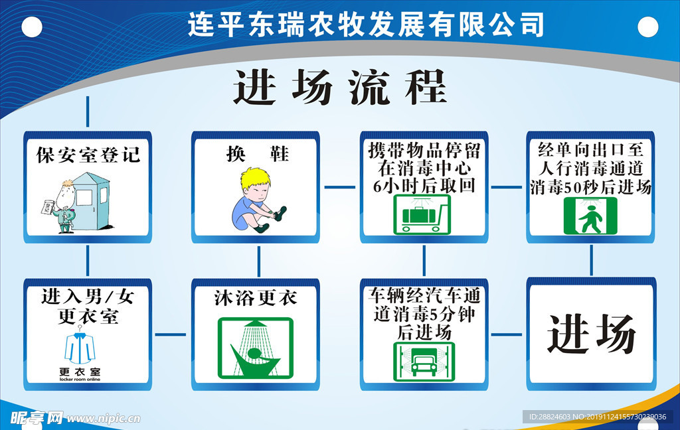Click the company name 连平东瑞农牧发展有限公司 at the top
click(x=366, y=25)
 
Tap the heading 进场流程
click(x=340, y=88)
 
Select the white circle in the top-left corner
click(x=31, y=27)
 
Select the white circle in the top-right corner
click(x=647, y=27)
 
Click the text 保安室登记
click(x=88, y=155)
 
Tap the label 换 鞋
click(x=256, y=154)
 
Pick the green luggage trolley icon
click(x=422, y=214)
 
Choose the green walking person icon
click(x=590, y=216)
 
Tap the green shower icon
click(x=256, y=348)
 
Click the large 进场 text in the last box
click(x=591, y=333)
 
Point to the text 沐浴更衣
click(x=256, y=298)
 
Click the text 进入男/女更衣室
click(x=88, y=306)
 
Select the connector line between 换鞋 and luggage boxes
click(x=339, y=187)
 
